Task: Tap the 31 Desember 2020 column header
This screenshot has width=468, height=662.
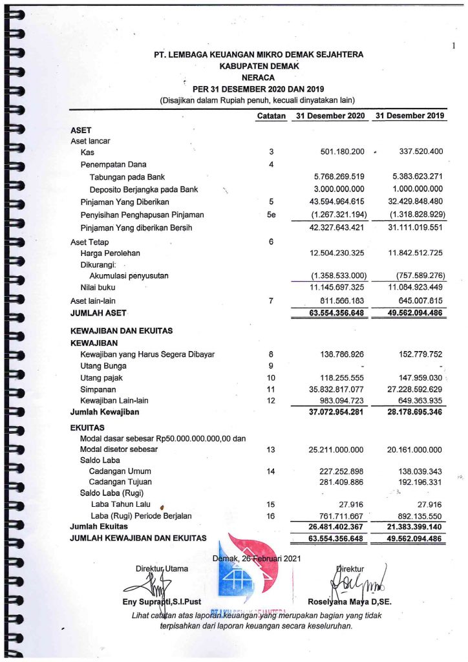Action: pyautogui.click(x=330, y=116)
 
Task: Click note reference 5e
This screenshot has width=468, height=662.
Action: pyautogui.click(x=271, y=215)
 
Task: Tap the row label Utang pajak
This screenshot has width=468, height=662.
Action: pyautogui.click(x=97, y=378)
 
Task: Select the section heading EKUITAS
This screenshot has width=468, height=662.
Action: pyautogui.click(x=88, y=428)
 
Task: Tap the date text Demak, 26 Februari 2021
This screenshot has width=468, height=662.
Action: pyautogui.click(x=256, y=559)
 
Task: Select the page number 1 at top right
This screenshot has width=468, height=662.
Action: pyautogui.click(x=454, y=45)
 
